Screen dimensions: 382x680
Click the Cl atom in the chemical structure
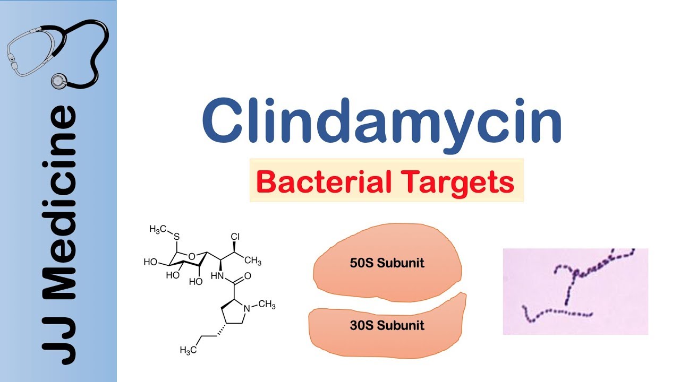pyautogui.click(x=236, y=237)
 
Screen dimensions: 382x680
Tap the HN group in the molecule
pyautogui.click(x=217, y=276)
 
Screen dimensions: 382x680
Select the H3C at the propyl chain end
pyautogui.click(x=190, y=350)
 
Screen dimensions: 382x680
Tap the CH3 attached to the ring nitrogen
pyautogui.click(x=266, y=305)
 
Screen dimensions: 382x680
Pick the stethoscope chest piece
pyautogui.click(x=58, y=81)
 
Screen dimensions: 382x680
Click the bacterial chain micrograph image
pyautogui.click(x=575, y=291)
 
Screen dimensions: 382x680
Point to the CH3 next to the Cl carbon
pyautogui.click(x=252, y=261)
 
